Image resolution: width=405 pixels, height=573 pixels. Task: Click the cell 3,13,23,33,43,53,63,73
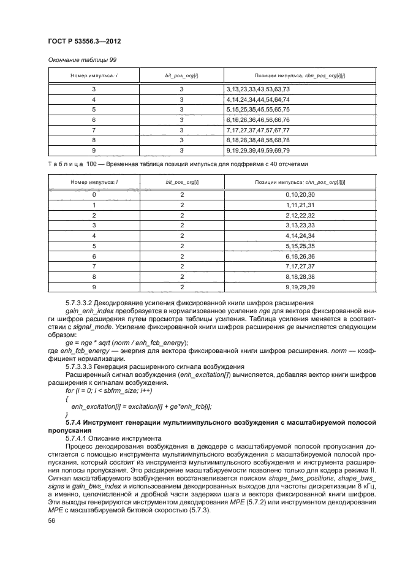[257, 89]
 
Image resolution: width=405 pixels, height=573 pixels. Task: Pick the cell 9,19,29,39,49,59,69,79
[257, 150]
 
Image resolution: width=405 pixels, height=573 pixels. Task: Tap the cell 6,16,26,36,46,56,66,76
[257, 120]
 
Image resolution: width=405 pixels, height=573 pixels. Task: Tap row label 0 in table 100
[94, 194]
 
